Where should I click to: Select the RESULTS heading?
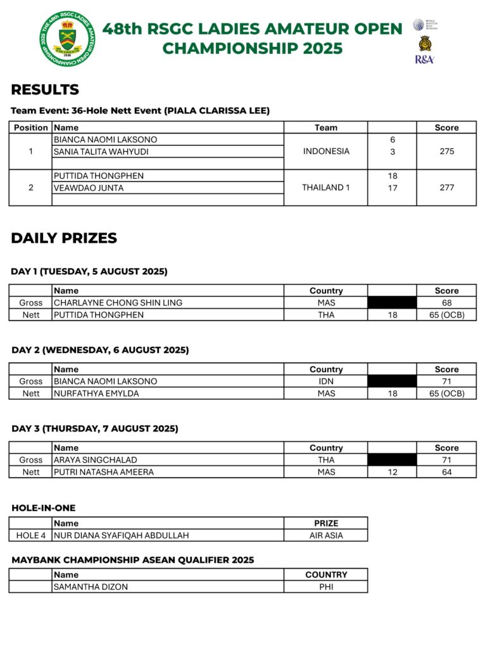click(45, 89)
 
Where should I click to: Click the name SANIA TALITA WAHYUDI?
click(105, 151)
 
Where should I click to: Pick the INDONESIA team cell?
click(326, 151)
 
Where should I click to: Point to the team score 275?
click(446, 151)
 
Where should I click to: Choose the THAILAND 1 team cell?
click(326, 188)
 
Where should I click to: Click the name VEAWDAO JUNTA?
click(89, 188)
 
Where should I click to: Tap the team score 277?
click(446, 188)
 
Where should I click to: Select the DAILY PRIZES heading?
click(64, 238)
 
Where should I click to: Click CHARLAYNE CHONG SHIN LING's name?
click(118, 303)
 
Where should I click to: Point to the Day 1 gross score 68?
click(446, 303)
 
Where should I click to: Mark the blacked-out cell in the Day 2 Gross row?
click(392, 382)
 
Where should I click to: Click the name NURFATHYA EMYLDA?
click(96, 394)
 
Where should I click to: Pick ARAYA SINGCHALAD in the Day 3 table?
click(96, 460)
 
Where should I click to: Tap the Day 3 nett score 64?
click(446, 472)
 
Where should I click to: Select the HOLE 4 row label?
click(31, 536)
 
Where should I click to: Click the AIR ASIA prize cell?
click(326, 536)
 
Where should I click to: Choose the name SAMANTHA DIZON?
click(91, 587)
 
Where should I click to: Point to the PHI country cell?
click(326, 587)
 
